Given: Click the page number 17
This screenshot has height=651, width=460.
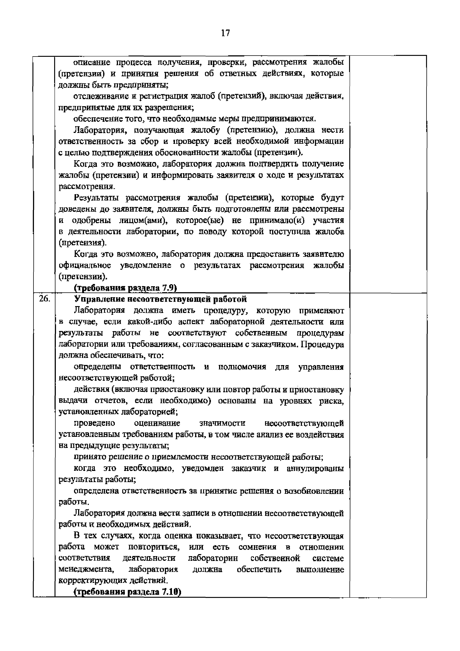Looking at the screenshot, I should click(226, 33).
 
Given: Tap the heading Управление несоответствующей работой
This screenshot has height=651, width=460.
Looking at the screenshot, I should click(160, 299).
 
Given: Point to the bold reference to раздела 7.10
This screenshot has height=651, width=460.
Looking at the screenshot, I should click(127, 592).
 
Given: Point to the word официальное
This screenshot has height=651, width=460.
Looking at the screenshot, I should click(85, 265).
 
